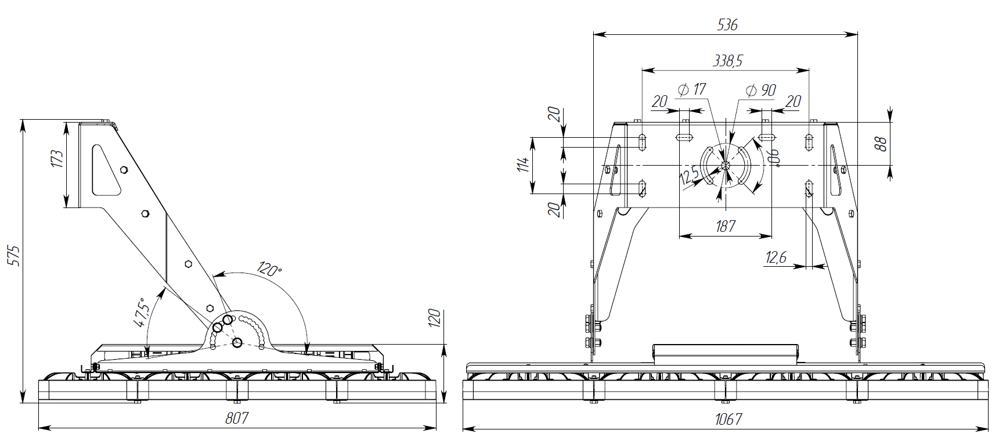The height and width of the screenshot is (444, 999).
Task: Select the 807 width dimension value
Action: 237,418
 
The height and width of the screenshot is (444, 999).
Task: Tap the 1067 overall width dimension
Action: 727,419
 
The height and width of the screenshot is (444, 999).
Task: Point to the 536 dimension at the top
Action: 727,25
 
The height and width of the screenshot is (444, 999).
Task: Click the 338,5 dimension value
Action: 727,60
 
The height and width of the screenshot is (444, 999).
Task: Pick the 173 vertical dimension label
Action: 57,159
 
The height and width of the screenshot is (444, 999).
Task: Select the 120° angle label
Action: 269,269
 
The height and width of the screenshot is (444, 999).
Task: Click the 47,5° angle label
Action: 142,313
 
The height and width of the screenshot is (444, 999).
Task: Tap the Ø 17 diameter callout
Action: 692,89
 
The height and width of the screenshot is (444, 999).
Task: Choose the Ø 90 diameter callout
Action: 760,90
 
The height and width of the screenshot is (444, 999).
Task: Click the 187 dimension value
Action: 726,226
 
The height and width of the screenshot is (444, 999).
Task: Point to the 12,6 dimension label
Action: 776,257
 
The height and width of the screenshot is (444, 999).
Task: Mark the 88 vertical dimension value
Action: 881,144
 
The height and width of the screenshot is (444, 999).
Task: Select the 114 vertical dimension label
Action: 524,164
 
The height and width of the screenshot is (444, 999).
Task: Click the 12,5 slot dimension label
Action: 689,176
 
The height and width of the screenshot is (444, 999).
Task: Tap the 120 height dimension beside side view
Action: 435,318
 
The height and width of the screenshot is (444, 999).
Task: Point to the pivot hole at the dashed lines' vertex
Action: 237,342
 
